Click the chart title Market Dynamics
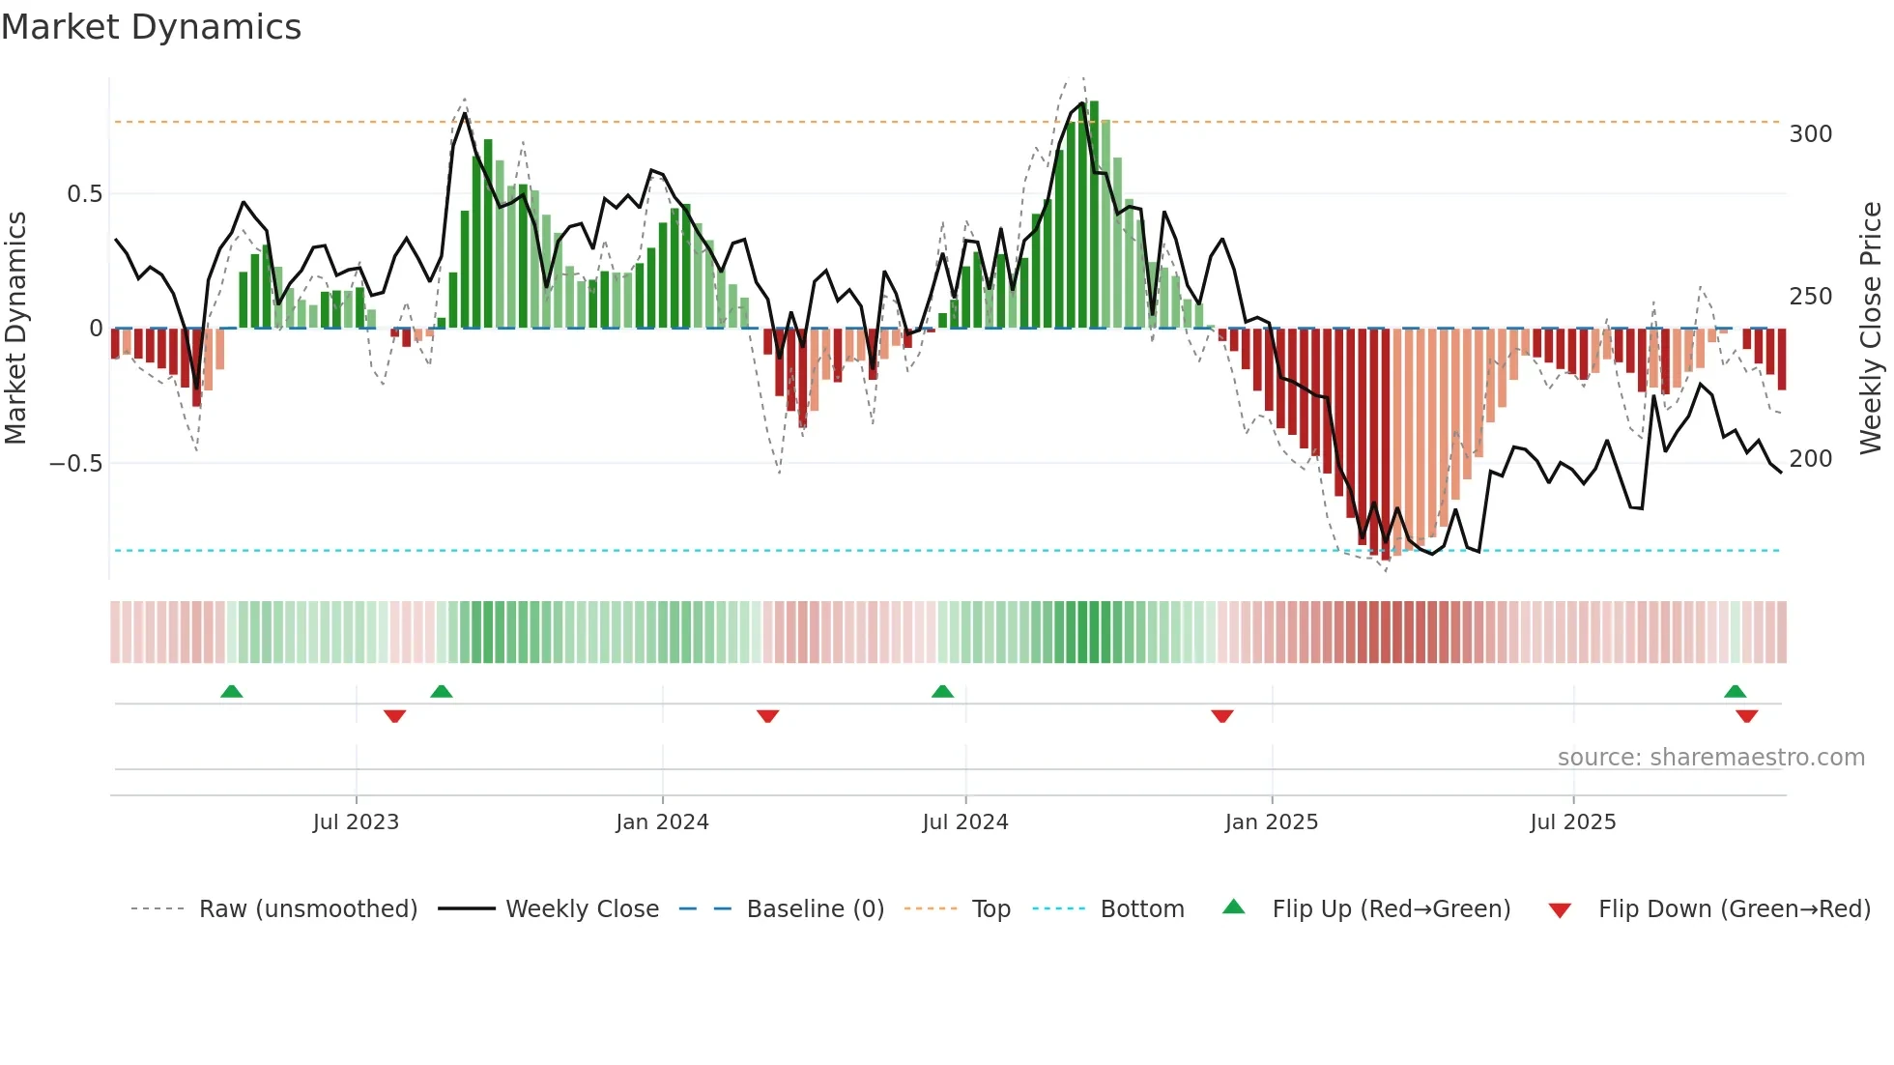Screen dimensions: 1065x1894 point(152,27)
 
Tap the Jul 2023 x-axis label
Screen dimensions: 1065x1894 point(356,822)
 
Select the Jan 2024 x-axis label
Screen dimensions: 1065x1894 point(662,822)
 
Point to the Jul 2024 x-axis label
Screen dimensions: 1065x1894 point(964,822)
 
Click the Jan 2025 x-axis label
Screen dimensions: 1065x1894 point(1271,822)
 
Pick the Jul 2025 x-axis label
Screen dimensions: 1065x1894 point(1572,822)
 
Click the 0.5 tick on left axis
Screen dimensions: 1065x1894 point(84,194)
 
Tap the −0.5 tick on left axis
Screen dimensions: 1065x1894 point(76,464)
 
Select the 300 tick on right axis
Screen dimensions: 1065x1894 point(1810,134)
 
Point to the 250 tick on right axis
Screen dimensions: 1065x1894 point(1810,297)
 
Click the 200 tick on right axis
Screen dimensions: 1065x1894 point(1810,459)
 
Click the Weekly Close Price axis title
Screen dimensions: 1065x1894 point(1871,329)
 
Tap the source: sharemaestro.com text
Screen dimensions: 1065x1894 point(1710,758)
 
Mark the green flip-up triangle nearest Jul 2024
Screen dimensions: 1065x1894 point(942,692)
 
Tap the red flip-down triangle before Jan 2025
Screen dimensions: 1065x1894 point(1221,716)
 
